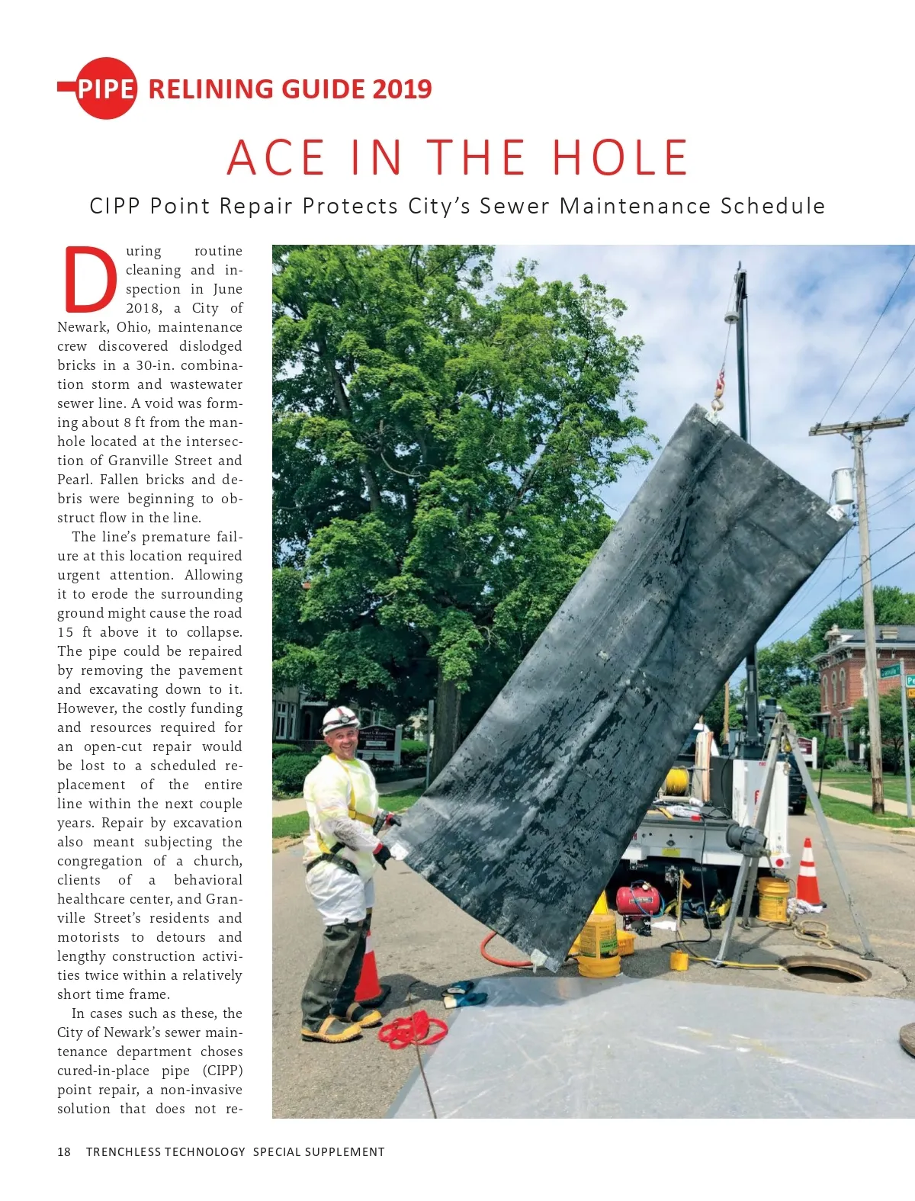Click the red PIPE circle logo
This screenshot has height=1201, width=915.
click(106, 88)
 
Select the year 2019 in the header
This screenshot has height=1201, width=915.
click(402, 89)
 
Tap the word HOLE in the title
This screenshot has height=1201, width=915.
click(620, 158)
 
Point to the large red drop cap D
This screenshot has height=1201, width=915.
click(90, 279)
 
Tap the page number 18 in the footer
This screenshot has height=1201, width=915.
click(64, 1151)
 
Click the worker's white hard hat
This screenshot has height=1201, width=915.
click(339, 718)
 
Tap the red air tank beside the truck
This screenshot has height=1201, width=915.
click(638, 900)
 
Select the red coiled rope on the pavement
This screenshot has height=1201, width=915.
click(414, 1029)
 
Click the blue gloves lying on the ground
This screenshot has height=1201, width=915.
click(464, 993)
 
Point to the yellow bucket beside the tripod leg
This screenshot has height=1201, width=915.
click(772, 900)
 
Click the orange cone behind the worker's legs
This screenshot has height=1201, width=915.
click(368, 972)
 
